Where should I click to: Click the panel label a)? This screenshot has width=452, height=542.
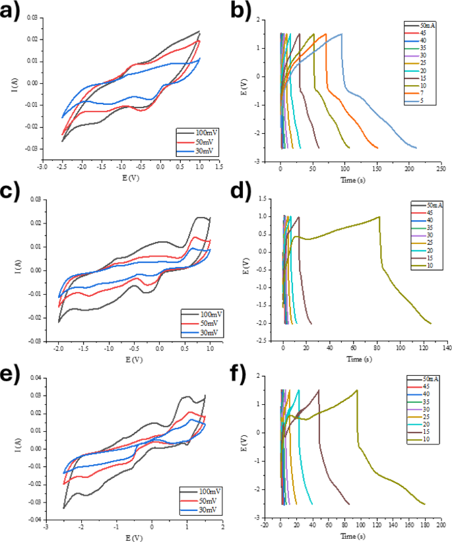click(x=11, y=11)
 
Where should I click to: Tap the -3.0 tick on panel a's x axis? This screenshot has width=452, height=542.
click(x=42, y=168)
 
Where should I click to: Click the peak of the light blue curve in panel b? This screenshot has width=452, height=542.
click(x=342, y=34)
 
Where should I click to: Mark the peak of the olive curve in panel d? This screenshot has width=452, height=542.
click(x=379, y=217)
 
